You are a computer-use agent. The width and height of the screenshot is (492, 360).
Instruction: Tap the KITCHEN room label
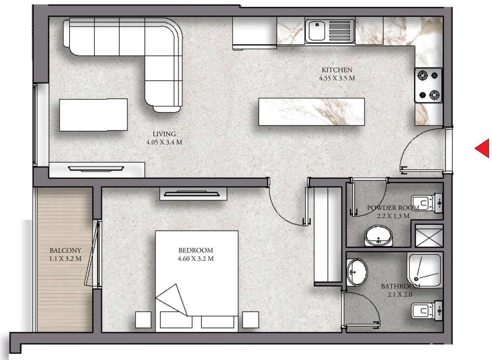(337, 70)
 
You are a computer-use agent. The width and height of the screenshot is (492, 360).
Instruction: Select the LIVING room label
(164, 134)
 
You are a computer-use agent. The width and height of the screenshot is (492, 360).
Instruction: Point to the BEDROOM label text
(196, 250)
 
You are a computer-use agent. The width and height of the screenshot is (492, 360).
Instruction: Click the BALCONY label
(65, 250)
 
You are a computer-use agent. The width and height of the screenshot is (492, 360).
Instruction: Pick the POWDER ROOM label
(393, 208)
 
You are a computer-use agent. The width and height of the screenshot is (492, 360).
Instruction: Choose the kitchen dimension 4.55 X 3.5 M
(337, 78)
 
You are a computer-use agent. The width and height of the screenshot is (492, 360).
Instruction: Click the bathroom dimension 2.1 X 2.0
(400, 295)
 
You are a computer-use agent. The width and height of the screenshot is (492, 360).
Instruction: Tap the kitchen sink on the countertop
(330, 31)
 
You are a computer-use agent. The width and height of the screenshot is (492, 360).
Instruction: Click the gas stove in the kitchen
(429, 85)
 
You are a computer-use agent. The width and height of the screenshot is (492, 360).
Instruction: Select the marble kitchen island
(311, 112)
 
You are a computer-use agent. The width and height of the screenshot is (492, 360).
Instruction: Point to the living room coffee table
(94, 115)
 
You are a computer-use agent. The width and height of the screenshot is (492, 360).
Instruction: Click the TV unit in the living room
(97, 170)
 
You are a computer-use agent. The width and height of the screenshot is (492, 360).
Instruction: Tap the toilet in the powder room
(427, 203)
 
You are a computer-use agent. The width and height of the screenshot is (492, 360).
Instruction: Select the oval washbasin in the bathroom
(357, 272)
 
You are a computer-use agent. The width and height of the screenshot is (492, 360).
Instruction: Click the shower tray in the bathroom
(425, 270)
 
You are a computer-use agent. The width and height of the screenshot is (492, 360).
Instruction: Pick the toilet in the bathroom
(427, 310)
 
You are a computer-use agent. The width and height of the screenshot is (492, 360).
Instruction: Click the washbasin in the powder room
(379, 236)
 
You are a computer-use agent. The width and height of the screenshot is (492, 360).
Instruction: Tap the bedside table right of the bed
(250, 320)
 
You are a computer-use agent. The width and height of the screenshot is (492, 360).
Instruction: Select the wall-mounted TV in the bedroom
(193, 193)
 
